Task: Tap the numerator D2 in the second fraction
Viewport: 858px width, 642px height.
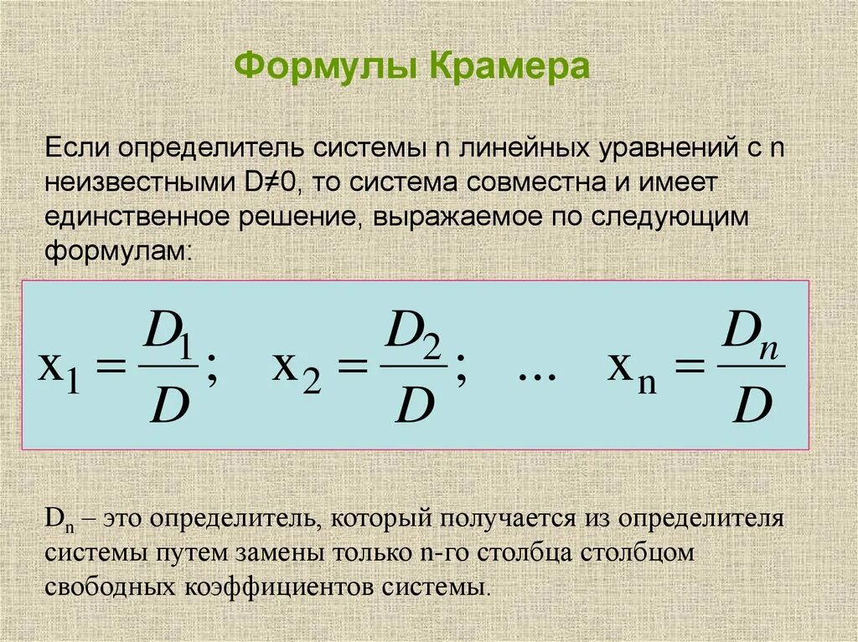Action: [413, 335]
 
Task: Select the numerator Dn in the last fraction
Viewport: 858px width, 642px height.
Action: [751, 335]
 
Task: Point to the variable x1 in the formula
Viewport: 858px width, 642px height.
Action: [59, 371]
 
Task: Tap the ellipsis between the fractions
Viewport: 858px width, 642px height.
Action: [537, 375]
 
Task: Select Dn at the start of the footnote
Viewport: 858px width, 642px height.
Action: [55, 518]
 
